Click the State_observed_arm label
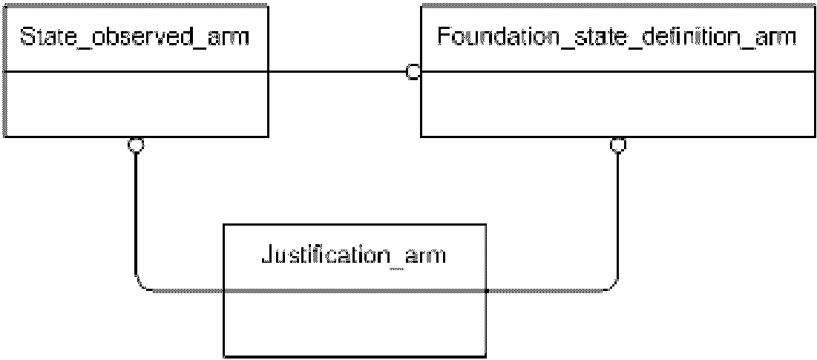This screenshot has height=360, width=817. [x=134, y=38]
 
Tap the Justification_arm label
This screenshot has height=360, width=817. [x=352, y=256]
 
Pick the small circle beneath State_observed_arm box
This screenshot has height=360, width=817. [x=136, y=145]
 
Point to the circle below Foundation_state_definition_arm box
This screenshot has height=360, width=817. [x=618, y=145]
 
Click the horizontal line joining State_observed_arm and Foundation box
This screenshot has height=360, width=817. [x=337, y=72]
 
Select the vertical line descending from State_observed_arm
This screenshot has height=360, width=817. [x=136, y=214]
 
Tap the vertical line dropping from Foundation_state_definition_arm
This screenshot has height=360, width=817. [x=618, y=214]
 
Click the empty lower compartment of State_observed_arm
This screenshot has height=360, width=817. [x=136, y=104]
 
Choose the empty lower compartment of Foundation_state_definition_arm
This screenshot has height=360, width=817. [x=617, y=104]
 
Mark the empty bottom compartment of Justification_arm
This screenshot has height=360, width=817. [x=354, y=323]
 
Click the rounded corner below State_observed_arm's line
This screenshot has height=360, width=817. [x=142, y=284]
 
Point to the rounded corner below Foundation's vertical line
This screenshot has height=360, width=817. [x=611, y=284]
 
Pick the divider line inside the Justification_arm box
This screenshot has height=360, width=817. [x=354, y=291]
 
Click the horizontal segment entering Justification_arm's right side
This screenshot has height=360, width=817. [x=543, y=291]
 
